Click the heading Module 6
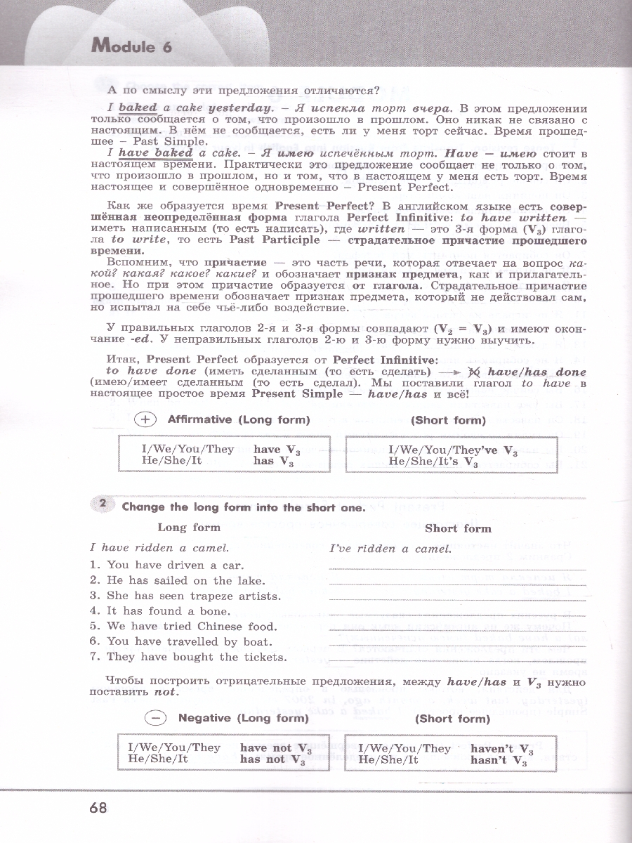(x=131, y=48)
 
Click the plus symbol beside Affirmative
(x=144, y=419)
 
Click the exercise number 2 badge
(x=103, y=505)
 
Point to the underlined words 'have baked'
(x=155, y=152)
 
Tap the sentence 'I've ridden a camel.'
(x=390, y=549)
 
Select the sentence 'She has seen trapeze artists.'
(x=185, y=596)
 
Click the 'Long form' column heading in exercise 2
(x=188, y=528)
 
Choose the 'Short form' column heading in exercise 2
(x=458, y=528)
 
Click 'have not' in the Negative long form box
(x=262, y=748)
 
